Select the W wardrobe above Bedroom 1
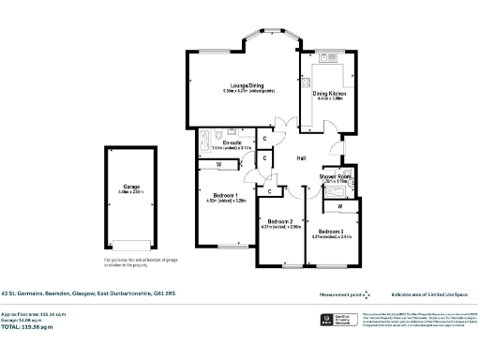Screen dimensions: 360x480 (218, 165)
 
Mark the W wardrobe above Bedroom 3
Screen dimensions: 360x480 (339, 204)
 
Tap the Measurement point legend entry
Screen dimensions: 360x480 (345, 293)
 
